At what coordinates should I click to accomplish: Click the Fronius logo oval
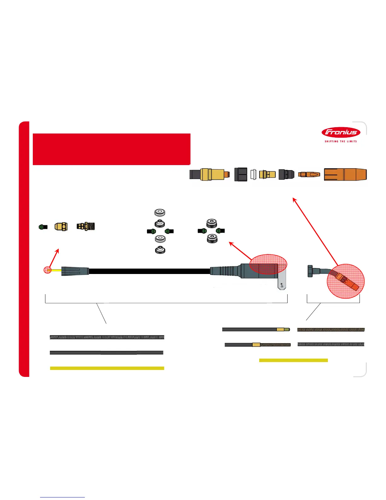pos(341,133)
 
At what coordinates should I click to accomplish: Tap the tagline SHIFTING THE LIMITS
pos(341,141)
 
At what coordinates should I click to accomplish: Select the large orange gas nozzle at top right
pos(345,175)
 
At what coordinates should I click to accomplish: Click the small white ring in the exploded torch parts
pos(253,175)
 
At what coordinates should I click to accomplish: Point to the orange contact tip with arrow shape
pos(309,174)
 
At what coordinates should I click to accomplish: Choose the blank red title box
pos(111,149)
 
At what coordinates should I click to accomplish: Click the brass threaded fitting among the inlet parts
pos(86,226)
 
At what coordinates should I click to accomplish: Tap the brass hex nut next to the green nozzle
pos(61,226)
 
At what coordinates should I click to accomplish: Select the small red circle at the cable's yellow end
pos(47,270)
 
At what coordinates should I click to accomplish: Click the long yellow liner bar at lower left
pos(107,368)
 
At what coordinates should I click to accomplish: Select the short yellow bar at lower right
pos(293,360)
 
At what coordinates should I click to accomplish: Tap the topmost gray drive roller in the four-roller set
pos(160,212)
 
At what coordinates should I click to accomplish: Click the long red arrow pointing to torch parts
pos(315,230)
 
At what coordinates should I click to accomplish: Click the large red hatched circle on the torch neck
pos(346,281)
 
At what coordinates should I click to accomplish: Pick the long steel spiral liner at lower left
pos(107,337)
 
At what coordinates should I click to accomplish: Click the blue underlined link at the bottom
pos(62,497)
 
